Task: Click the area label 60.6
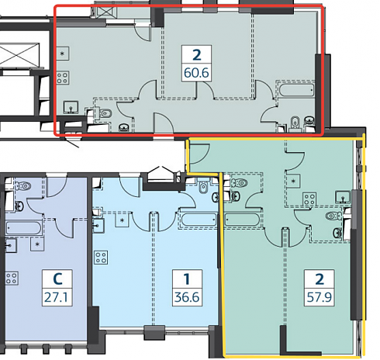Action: coord(196,73)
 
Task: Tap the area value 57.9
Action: coord(320,297)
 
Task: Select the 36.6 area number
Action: coord(187,297)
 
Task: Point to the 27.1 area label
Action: coord(56,297)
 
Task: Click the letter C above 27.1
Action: coord(57,279)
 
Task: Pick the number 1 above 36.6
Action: coord(187,279)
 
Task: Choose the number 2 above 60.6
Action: coord(197,55)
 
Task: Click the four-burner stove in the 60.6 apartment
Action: coord(63,78)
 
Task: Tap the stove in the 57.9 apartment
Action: coord(309,199)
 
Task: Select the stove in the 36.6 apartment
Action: coord(101,258)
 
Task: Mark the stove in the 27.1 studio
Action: coord(12,278)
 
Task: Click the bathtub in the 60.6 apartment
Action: coord(296,90)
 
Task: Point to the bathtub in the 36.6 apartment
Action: coord(199,220)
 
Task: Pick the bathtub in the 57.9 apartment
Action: coord(242,220)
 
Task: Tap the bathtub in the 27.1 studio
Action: coord(23,228)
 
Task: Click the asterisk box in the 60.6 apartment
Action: coord(63,54)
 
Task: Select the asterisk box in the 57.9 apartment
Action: coord(293,181)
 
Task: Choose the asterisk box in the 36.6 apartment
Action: coord(123,220)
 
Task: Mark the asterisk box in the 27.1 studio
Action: coord(37,244)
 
